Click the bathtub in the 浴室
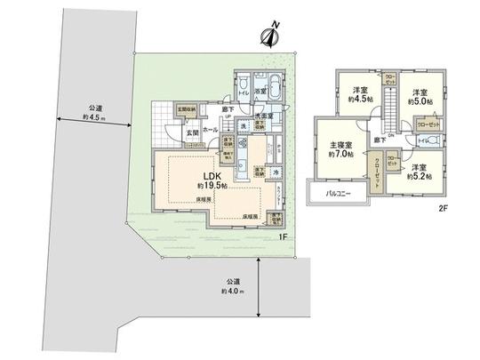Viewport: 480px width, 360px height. [274, 91]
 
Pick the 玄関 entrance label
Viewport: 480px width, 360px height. [191, 132]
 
